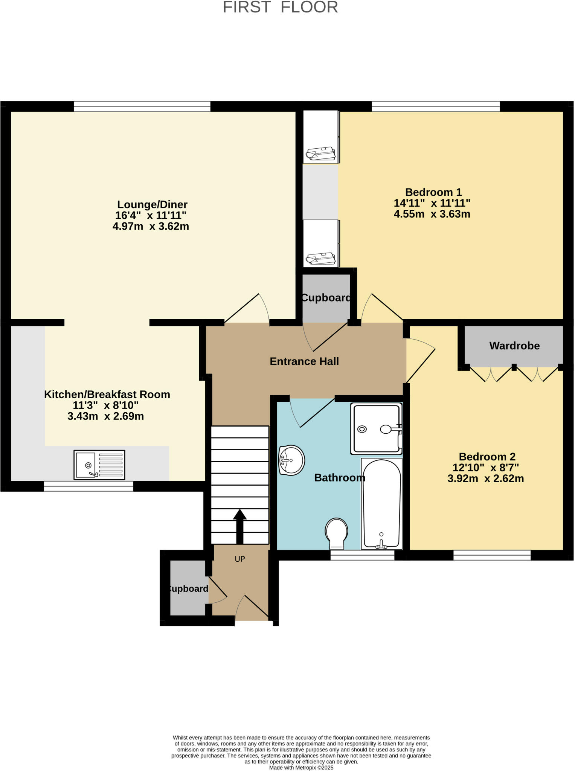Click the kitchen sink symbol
coord(99,465)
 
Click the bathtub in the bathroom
coord(381,503)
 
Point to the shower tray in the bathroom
coord(376,429)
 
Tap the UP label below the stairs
coord(240,559)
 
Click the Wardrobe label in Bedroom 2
coord(514,346)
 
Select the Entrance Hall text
coord(304,361)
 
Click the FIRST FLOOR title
coord(281,8)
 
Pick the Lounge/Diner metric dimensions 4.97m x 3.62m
coord(151,226)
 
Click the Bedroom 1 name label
coord(433,192)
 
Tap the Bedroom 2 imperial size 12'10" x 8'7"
coord(485,468)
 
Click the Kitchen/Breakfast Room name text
coord(107,394)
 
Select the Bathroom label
coord(339,478)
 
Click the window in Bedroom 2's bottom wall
coord(492,555)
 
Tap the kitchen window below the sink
coord(88,486)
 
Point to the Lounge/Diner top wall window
coord(142,107)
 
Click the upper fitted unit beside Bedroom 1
coord(321,137)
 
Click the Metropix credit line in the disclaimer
coord(301,768)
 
